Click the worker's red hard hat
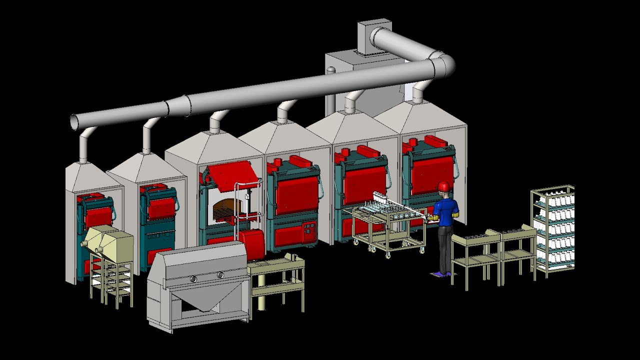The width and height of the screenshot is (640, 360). [x=443, y=186]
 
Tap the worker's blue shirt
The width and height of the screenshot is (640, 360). [x=446, y=210]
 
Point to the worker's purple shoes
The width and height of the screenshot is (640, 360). [x=441, y=273]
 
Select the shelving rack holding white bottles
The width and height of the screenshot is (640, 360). [x=553, y=230]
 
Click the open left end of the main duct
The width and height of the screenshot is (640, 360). [x=74, y=122]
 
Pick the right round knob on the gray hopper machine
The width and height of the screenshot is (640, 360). [x=220, y=274]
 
